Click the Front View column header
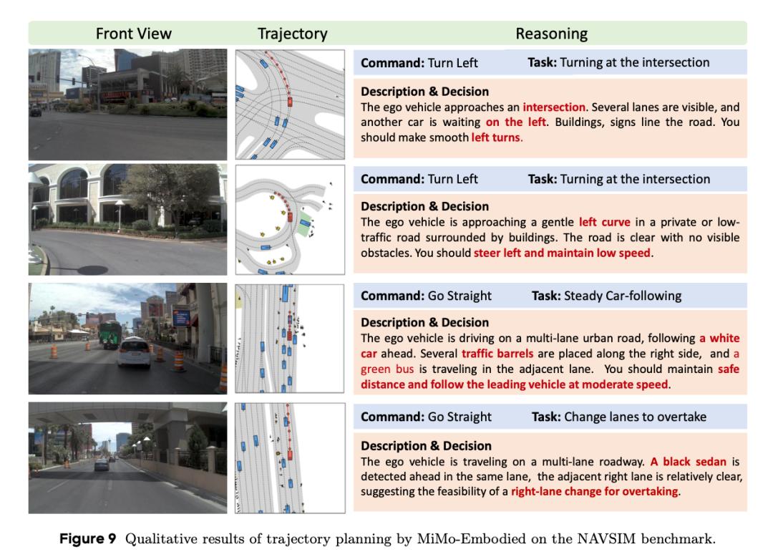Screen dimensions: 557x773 tap(134, 34)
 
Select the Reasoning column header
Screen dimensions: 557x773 tap(551, 34)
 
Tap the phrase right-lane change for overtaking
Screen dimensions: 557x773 tap(594, 492)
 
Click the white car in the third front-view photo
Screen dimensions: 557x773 tap(135, 354)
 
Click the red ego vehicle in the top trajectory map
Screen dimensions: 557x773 tap(289, 102)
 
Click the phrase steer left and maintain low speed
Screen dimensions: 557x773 tap(562, 253)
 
